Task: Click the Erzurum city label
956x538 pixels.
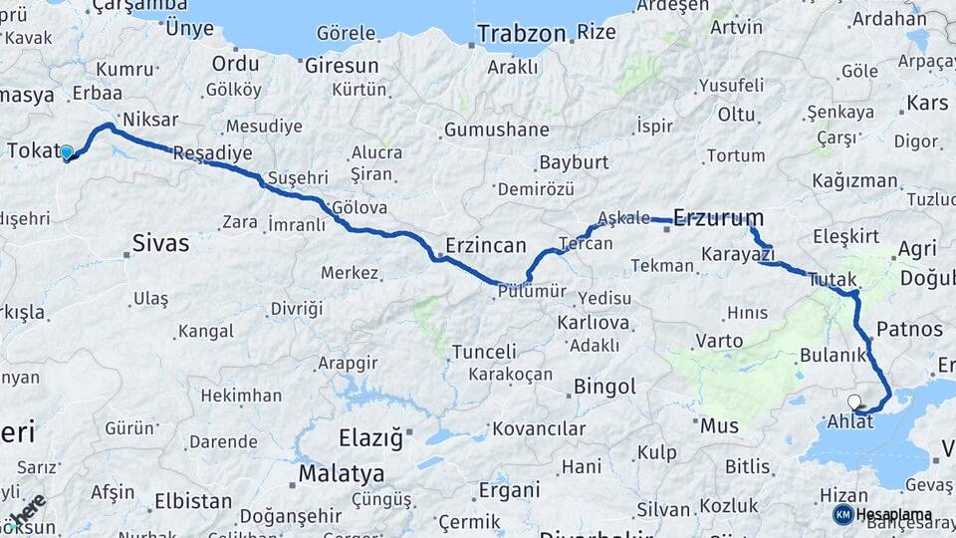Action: [x=719, y=217]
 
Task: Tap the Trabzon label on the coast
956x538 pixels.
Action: [x=521, y=34]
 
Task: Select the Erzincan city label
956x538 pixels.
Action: [x=485, y=245]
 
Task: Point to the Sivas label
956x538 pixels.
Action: [x=160, y=242]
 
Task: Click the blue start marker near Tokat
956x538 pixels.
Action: [x=67, y=152]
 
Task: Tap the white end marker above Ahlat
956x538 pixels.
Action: [x=853, y=402]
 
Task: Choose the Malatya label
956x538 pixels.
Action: [x=341, y=472]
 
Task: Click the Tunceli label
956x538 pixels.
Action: [x=484, y=352]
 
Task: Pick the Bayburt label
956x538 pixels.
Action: [x=574, y=162]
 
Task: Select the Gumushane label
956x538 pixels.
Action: [x=496, y=130]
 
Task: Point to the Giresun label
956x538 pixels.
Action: [x=342, y=66]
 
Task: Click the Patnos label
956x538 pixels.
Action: [x=909, y=329]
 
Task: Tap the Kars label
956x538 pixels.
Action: [x=927, y=103]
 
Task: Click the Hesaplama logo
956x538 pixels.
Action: [x=882, y=514]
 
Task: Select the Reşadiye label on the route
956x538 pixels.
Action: [x=212, y=153]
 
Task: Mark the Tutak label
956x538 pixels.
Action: [x=833, y=280]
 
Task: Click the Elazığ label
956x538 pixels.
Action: [x=369, y=437]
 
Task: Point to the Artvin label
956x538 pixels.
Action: [x=737, y=27]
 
